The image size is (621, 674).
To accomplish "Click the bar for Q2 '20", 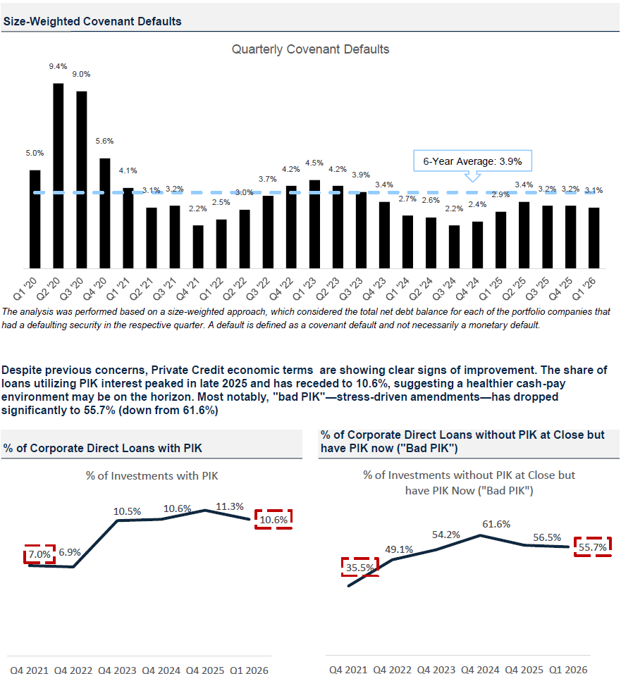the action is point(58,176).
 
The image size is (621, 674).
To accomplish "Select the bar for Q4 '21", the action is point(198,246).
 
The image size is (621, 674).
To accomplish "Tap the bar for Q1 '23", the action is point(314,225).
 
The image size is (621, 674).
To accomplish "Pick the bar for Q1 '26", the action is point(594,238).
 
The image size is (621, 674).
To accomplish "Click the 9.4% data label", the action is point(58,66).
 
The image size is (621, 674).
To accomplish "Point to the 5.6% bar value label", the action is point(104,141).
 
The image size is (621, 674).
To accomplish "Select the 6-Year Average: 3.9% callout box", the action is point(472,161).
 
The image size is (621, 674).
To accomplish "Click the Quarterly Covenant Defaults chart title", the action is point(310,49).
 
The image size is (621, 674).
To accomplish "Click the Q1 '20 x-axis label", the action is point(25,289).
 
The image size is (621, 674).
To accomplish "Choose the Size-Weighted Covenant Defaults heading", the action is point(92,22).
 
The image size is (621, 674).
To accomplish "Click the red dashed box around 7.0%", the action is point(39,554).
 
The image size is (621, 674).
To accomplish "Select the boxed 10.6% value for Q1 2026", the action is point(273,519).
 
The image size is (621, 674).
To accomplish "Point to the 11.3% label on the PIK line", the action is point(230,506).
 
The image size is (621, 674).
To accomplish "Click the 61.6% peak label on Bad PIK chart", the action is point(496,524).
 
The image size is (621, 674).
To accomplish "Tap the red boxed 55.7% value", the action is point(593,547).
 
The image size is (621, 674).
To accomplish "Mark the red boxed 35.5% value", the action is point(360,567).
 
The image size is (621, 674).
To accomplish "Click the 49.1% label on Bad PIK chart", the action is point(399,549).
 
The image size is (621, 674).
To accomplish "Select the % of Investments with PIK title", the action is point(152,476).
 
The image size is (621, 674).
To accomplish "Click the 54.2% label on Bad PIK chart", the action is point(446,535).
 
